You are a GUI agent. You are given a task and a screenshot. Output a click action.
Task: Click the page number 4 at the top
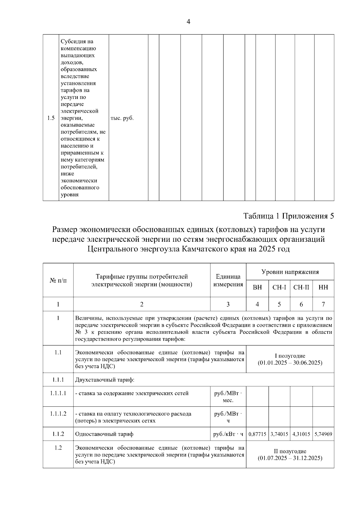188,22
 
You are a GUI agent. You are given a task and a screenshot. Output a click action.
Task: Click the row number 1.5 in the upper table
51,118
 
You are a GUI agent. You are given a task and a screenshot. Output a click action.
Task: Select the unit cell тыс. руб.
122,118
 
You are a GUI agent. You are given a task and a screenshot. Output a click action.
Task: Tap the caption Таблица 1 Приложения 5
289,216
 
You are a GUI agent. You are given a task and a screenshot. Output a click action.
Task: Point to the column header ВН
257,287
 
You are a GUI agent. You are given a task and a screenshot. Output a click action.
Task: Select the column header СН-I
279,287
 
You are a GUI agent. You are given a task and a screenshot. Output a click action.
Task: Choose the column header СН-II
301,287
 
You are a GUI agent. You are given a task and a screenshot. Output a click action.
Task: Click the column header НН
323,287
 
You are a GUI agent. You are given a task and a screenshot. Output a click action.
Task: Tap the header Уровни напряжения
290,272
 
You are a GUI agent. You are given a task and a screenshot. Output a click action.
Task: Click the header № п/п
58,280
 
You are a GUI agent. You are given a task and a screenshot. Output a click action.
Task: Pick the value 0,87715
257,434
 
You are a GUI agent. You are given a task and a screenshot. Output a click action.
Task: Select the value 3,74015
279,434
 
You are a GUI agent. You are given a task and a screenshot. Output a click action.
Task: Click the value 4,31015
301,434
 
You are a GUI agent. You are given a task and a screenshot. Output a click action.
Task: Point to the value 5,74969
323,434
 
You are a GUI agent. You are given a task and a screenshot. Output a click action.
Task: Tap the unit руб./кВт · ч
228,434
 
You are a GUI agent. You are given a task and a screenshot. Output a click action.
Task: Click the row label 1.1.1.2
58,414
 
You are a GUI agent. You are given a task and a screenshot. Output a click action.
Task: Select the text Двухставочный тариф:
105,380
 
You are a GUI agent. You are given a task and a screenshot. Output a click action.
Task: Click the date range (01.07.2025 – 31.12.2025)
290,458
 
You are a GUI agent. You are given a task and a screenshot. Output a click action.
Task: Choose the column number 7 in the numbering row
323,304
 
